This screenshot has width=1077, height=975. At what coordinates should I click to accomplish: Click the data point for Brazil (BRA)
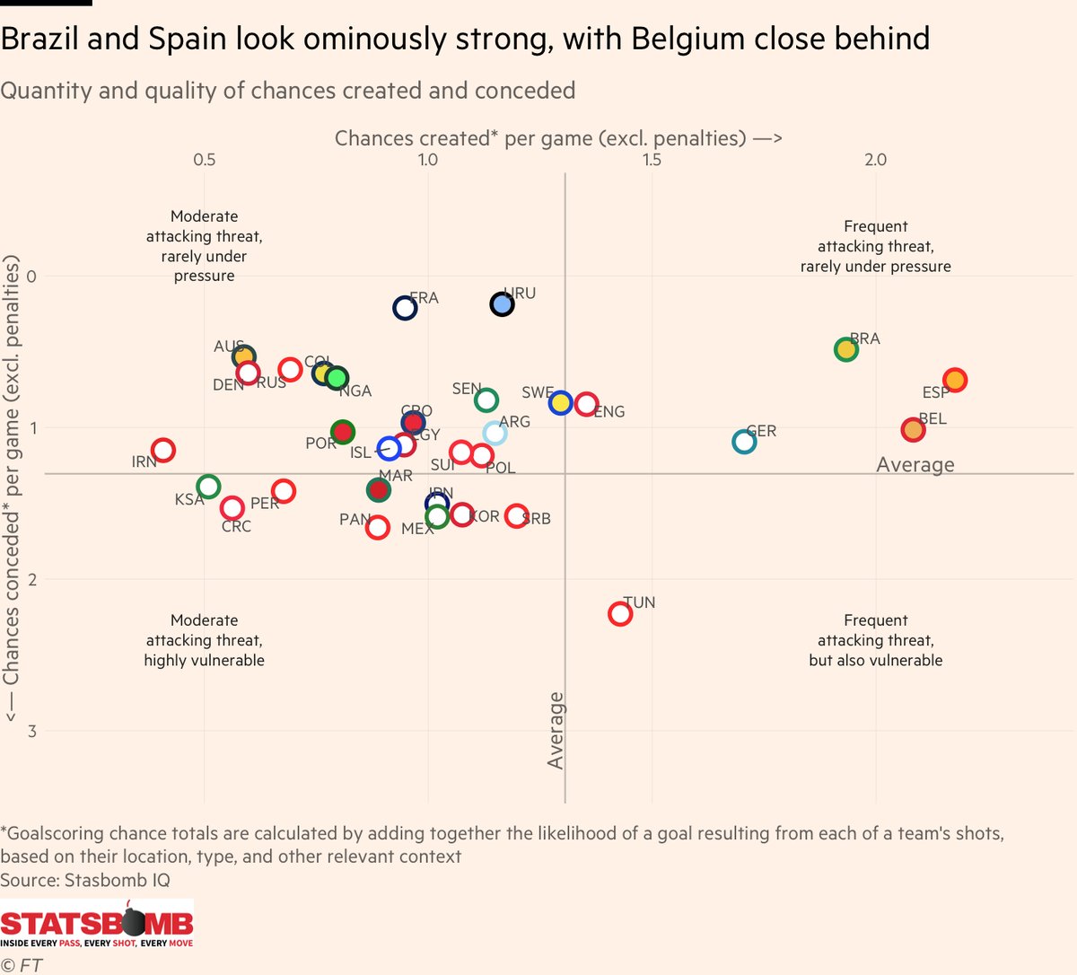845,349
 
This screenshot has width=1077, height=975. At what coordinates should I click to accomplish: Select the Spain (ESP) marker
955,380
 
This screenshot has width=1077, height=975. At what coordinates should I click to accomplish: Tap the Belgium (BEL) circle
913,430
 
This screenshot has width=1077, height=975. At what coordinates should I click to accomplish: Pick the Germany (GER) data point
744,442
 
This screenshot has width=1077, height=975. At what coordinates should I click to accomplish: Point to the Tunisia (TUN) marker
620,614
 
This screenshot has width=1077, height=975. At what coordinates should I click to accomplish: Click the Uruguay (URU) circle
502,304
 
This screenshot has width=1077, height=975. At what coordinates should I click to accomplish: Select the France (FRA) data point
405,308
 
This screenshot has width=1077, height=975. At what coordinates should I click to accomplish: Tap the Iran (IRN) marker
162,450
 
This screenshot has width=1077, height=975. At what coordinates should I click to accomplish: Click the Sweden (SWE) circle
561,403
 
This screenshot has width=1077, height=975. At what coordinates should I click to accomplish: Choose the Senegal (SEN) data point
486,400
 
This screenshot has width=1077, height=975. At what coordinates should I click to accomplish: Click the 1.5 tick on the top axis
652,160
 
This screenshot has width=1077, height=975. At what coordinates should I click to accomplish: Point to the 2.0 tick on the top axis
875,160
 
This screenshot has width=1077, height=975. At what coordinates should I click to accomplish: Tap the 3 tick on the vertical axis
32,731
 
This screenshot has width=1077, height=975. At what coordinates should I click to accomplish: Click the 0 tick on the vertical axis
32,276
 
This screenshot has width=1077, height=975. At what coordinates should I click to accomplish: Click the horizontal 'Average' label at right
915,465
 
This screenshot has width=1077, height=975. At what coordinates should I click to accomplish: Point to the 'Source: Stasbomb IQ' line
85,880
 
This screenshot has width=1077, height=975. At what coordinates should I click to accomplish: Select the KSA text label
189,499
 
